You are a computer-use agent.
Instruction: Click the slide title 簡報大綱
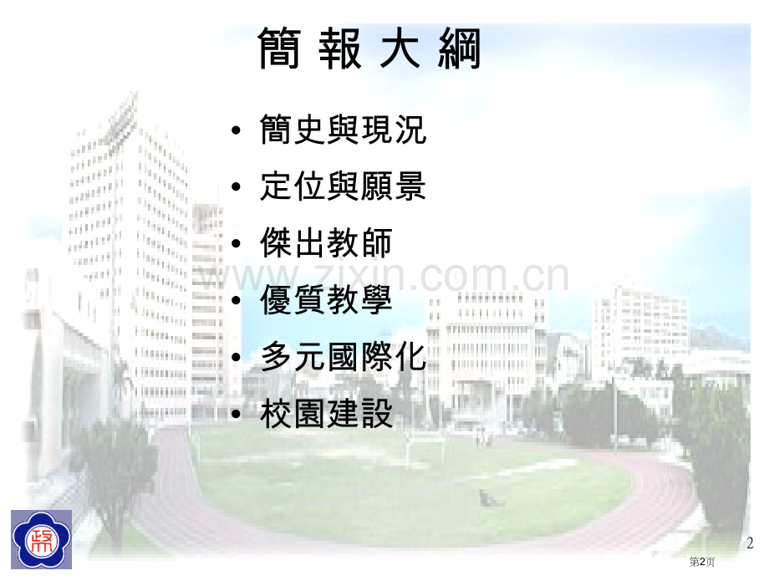click(371, 48)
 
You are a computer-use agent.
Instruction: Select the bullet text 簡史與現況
click(344, 130)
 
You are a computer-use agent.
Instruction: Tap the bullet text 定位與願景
click(344, 186)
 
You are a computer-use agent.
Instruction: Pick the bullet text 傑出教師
click(326, 242)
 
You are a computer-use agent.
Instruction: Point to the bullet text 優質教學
click(326, 300)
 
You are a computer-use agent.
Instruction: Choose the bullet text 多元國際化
click(344, 357)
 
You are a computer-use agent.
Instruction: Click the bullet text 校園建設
click(326, 414)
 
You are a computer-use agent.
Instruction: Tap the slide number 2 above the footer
click(750, 543)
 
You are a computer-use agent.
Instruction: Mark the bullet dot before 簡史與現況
click(237, 132)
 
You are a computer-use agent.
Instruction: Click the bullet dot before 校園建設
click(237, 415)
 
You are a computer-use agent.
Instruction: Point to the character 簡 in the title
click(281, 48)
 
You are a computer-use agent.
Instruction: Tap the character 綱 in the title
click(461, 48)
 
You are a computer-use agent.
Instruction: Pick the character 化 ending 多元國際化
click(410, 357)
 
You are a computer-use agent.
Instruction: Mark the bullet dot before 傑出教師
click(237, 244)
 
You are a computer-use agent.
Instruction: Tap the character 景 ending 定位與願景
click(410, 186)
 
